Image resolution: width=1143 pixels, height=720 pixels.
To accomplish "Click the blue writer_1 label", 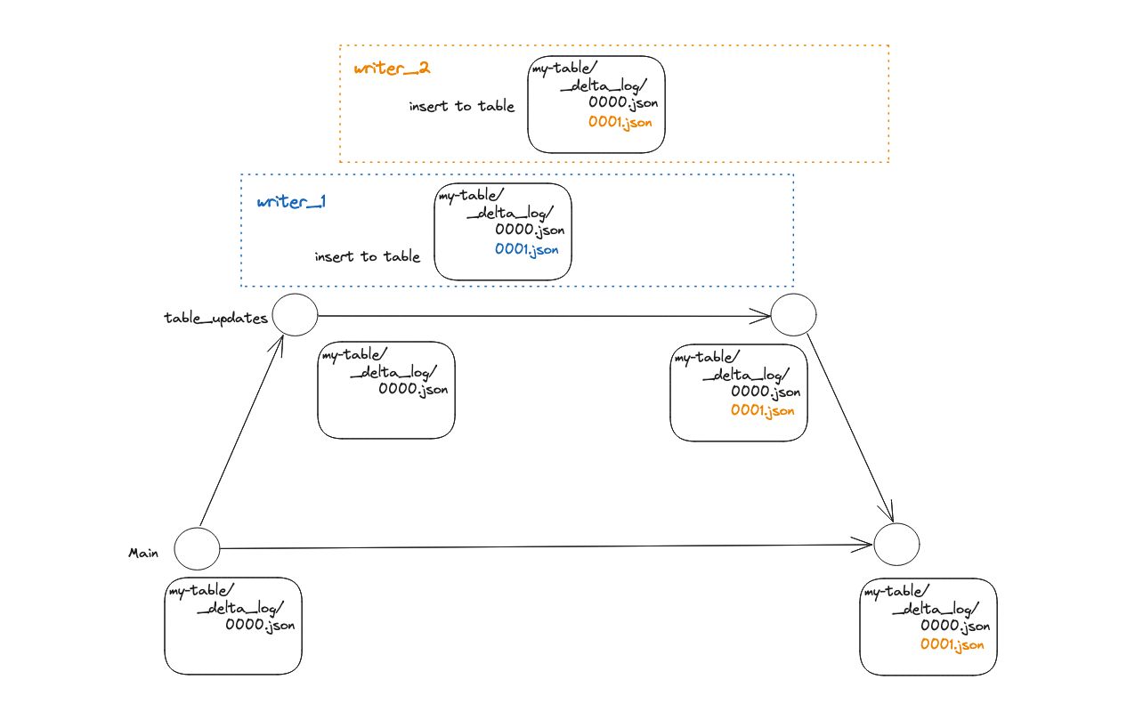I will (291, 202).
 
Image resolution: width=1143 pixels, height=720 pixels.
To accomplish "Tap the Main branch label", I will (143, 553).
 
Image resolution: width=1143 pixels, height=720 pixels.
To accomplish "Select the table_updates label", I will (215, 318).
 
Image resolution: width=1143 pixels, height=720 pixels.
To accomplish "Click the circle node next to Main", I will (197, 548).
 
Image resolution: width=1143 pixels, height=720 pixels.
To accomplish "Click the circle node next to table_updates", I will (295, 315).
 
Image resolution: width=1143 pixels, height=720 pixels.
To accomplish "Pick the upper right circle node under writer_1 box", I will (793, 315).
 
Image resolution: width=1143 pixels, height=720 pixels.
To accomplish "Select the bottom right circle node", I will (896, 544).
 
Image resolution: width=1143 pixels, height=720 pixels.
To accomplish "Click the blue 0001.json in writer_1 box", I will (527, 250).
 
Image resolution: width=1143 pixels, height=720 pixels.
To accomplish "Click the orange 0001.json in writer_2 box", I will (620, 122).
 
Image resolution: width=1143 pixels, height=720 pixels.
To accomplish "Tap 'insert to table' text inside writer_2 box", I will (461, 106).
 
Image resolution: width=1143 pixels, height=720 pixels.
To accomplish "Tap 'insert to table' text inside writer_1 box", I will (367, 256).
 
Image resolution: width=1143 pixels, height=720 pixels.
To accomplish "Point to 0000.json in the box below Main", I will (260, 626).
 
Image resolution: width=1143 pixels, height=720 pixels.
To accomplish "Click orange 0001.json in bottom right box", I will (952, 644).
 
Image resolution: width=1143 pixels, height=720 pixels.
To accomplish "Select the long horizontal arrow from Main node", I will (543, 546).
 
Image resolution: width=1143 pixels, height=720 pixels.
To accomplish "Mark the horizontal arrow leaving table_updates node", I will (543, 316).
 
